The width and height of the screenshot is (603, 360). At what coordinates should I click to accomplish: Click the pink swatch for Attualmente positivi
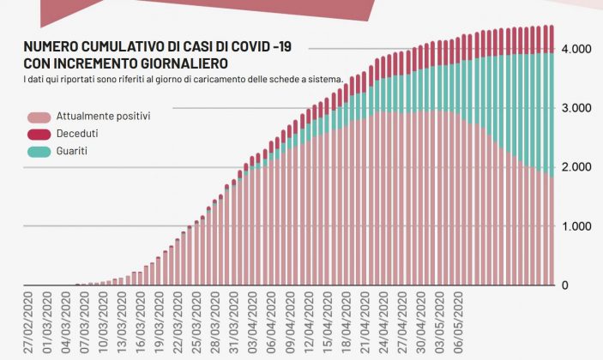click(x=39, y=117)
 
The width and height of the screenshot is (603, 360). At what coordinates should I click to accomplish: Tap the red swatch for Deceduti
click(x=39, y=134)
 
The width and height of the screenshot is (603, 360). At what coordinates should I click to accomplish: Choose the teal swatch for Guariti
click(x=39, y=151)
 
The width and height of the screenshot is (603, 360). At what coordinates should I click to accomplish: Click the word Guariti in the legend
click(x=73, y=151)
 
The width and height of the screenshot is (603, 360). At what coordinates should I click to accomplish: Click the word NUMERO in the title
click(x=50, y=47)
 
